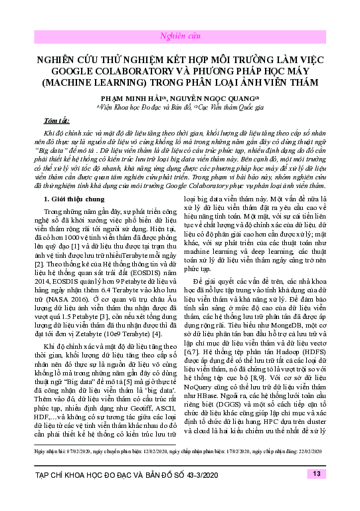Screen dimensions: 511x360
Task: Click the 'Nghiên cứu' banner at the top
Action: coord(179,35)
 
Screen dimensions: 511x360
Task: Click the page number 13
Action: coord(315,474)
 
